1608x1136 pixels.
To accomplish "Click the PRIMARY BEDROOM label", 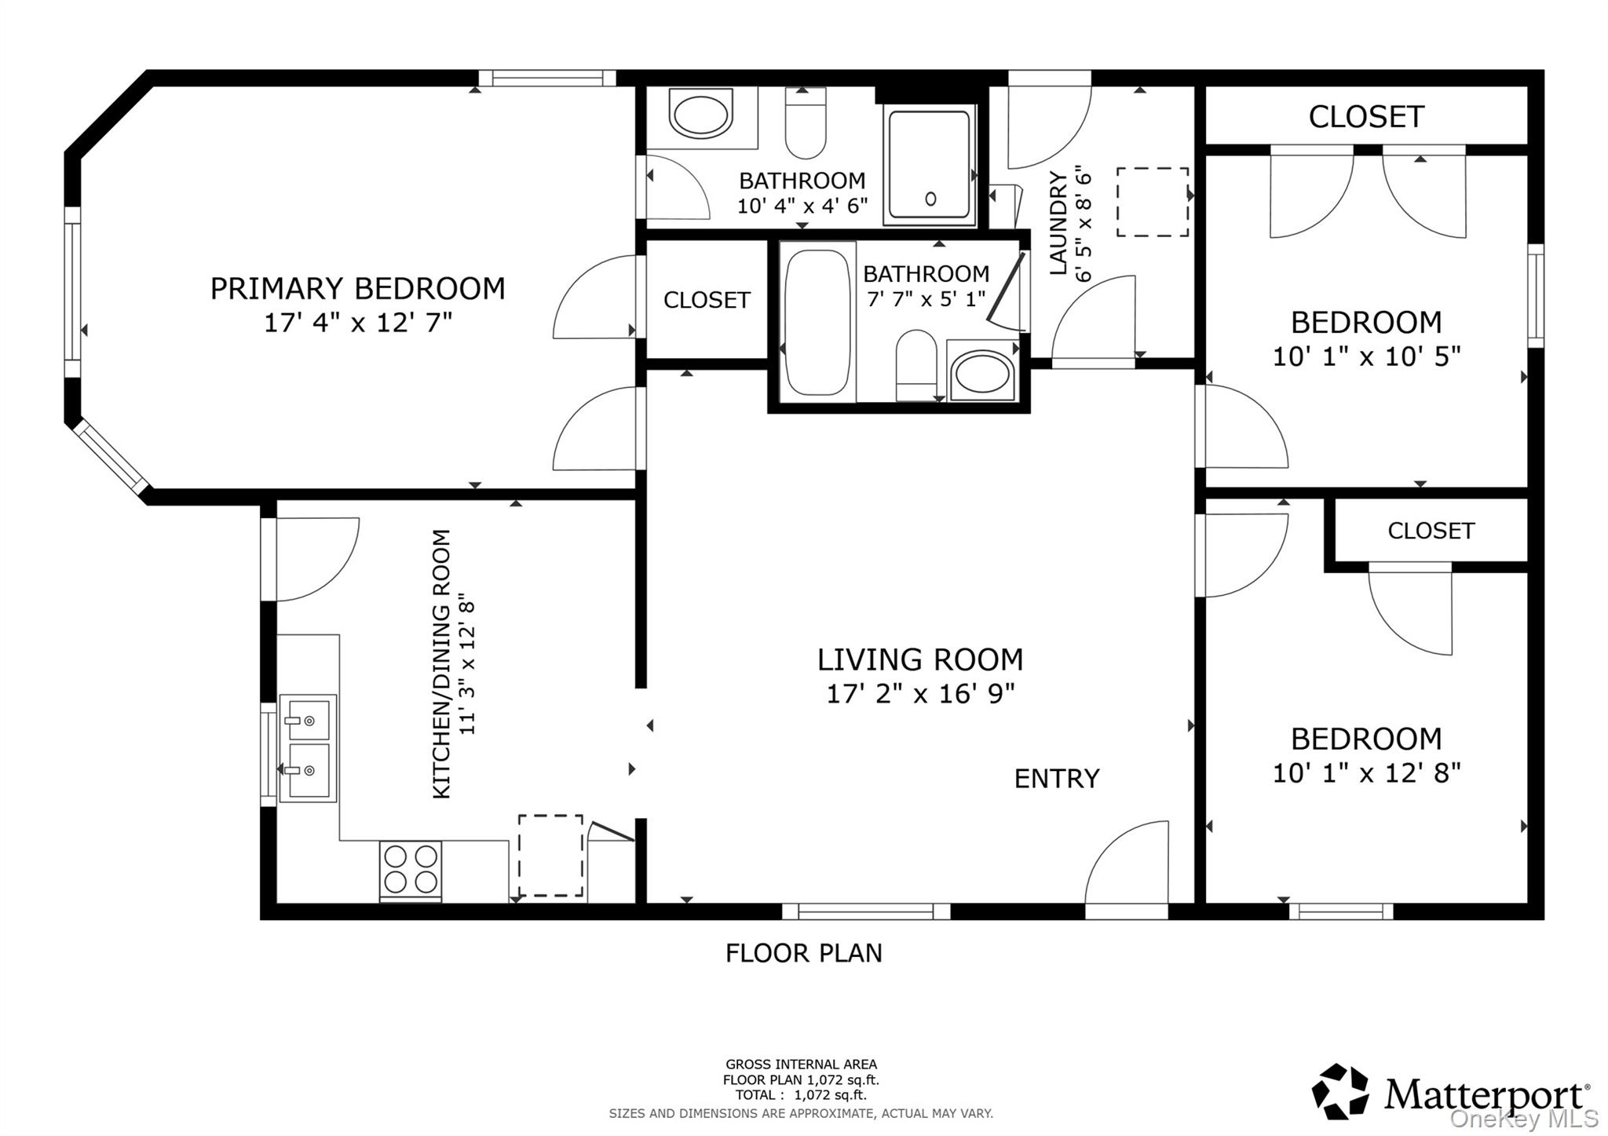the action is click(357, 289).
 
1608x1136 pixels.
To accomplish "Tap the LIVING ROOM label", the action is click(920, 660).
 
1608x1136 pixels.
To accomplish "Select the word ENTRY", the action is click(1057, 779).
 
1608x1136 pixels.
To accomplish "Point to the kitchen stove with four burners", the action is click(411, 870).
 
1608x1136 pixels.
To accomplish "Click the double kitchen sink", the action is click(308, 747).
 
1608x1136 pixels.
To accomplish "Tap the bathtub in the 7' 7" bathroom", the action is click(817, 322).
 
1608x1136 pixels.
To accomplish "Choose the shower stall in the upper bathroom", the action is click(930, 164).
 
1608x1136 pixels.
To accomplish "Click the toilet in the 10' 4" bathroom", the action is click(806, 123).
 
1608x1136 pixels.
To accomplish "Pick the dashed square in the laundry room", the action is click(1153, 202).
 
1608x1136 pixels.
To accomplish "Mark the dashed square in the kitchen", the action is click(550, 856).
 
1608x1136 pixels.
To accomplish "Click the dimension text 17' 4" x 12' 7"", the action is click(358, 323).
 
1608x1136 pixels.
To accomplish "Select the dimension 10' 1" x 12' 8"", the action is click(1366, 773).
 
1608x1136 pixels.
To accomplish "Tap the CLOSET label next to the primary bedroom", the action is click(707, 300).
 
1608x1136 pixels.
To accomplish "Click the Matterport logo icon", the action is click(1340, 1092).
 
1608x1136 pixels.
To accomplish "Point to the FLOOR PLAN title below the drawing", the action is click(804, 953).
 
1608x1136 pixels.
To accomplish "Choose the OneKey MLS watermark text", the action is click(1524, 1118).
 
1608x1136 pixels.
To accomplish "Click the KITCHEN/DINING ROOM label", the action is click(442, 664).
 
